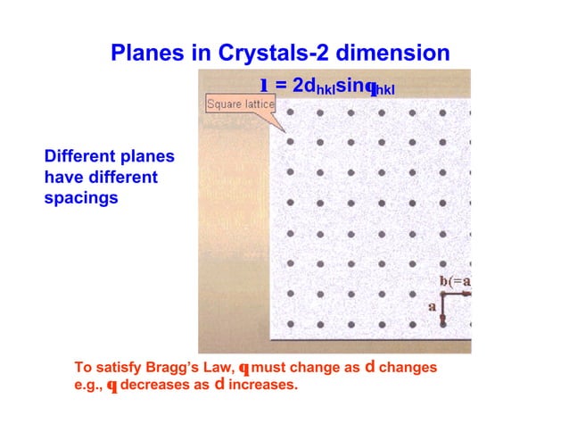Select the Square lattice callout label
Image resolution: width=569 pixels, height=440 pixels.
pos(241,105)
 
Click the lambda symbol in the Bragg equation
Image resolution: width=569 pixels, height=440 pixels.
pos(265,85)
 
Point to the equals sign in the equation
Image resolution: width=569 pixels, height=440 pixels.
pos(280,85)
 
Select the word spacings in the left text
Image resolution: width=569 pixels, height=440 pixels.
pos(81,197)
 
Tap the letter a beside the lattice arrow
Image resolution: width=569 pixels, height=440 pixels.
pos(433,306)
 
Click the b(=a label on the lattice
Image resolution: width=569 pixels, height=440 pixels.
pos(455,282)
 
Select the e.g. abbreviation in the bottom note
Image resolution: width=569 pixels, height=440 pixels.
pos(88,386)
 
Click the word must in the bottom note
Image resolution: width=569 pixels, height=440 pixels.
pos(268,368)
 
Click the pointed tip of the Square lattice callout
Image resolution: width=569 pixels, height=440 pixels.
pos(285,131)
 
